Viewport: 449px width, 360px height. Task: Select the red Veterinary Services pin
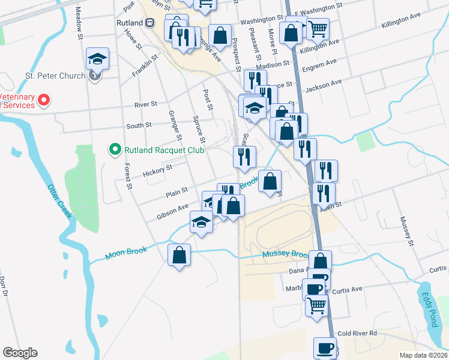[43, 100]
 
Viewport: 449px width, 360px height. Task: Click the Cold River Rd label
[357, 333]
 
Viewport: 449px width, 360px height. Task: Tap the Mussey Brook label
[285, 254]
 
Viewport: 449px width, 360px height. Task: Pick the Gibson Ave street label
[173, 209]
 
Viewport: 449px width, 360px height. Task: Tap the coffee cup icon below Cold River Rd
[325, 347]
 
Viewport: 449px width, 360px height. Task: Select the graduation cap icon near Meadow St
[97, 58]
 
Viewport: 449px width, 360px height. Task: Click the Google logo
[20, 353]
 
